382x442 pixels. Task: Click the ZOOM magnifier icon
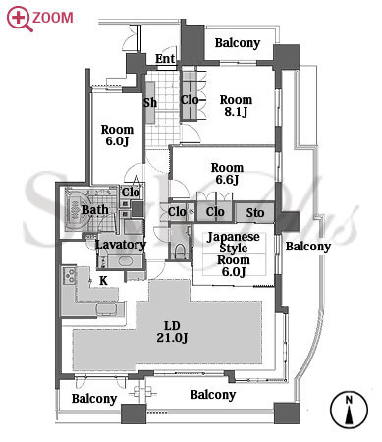[x=20, y=19]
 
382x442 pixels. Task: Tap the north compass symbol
[x=349, y=410]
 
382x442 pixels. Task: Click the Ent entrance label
[x=165, y=59]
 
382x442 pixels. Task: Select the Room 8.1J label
[x=236, y=106]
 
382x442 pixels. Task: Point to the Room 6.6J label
[x=227, y=174]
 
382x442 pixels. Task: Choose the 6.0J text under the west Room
[x=117, y=141]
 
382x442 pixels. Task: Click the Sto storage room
[x=254, y=213]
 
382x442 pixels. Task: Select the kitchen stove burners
[x=70, y=275]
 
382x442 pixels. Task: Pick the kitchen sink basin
[x=105, y=309]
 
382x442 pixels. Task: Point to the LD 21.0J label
[x=172, y=331]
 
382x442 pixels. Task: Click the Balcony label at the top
[x=238, y=43]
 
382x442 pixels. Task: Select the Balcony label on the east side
[x=308, y=247]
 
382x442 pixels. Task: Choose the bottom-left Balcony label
[x=94, y=399]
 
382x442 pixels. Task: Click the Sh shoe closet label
[x=150, y=103]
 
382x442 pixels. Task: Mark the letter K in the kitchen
[x=103, y=281]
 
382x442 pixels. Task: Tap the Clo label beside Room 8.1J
[x=190, y=100]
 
